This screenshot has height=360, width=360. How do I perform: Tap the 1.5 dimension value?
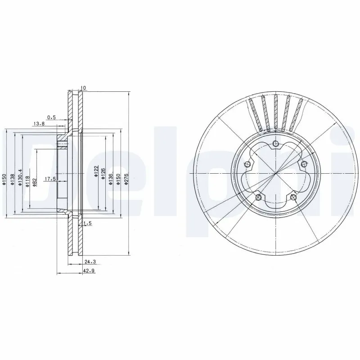point(88,223)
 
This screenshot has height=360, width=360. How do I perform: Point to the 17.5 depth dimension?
point(49,179)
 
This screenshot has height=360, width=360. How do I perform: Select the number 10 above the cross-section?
point(83,88)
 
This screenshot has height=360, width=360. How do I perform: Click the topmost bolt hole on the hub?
point(275,144)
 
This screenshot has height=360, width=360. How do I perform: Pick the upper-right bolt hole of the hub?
point(303,164)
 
